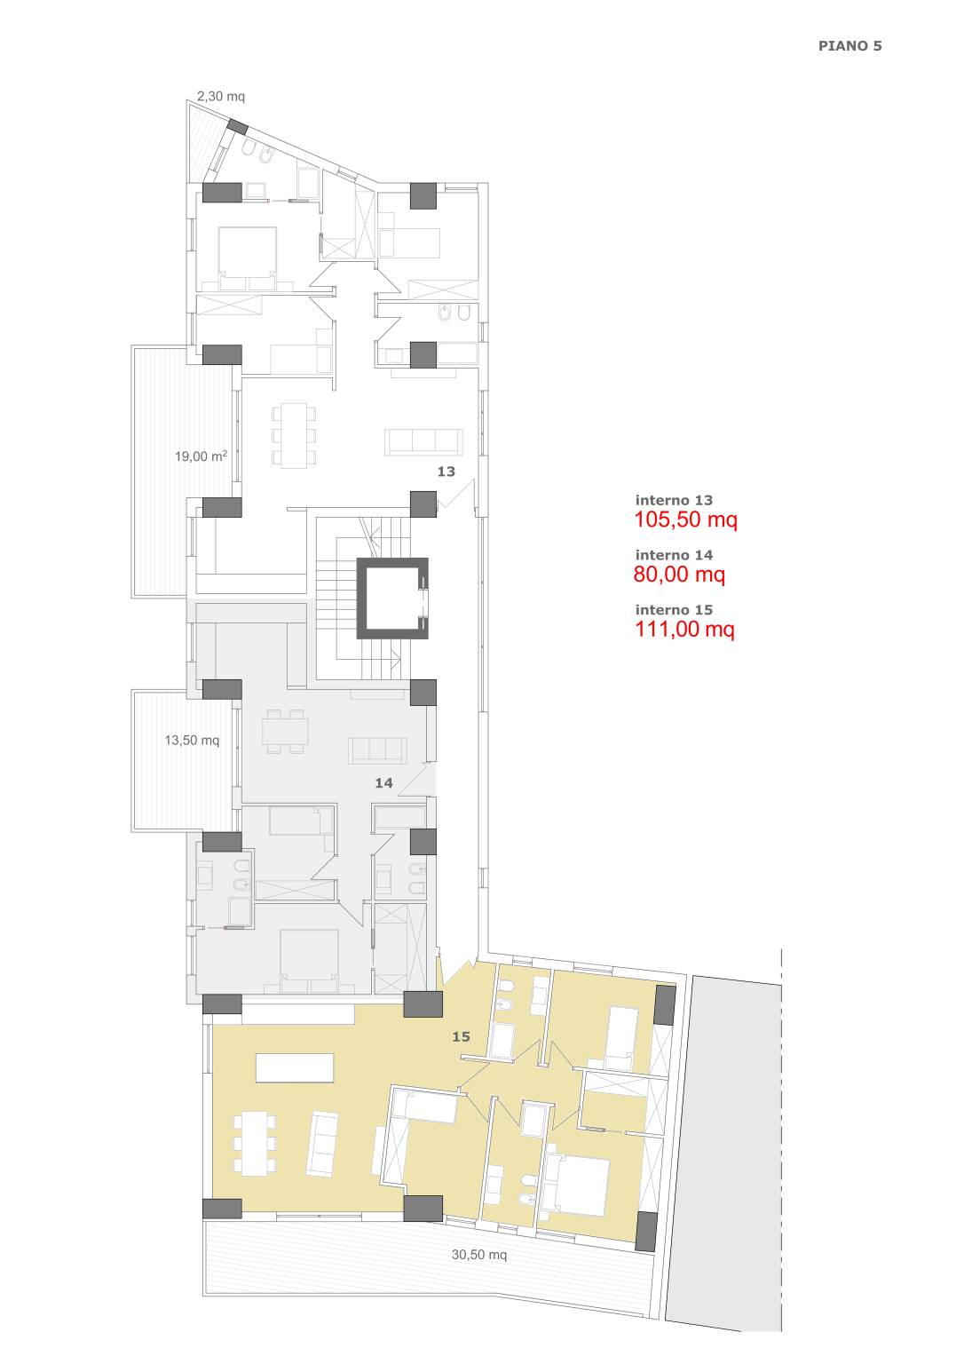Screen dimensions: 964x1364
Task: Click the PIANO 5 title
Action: pos(849,46)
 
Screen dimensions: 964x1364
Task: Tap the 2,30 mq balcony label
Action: pos(221,96)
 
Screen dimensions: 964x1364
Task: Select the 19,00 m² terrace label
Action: pos(201,456)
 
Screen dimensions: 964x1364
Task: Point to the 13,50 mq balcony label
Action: pos(192,741)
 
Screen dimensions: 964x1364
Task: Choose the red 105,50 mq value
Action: pos(686,520)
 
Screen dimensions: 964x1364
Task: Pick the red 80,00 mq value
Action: pos(679,575)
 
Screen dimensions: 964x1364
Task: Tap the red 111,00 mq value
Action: pos(684,629)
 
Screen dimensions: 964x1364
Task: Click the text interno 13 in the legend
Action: pos(674,500)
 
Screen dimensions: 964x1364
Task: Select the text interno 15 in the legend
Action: pos(674,609)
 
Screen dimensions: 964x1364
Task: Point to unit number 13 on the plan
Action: pos(446,472)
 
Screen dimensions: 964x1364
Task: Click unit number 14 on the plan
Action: pos(383,783)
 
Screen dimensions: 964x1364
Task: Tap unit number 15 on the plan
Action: pos(461,1036)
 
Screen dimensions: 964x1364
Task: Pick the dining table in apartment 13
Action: pos(294,435)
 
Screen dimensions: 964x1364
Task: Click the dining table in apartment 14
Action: pos(286,731)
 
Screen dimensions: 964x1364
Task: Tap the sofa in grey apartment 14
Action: pos(377,750)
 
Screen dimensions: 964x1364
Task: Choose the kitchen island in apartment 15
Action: pos(295,1068)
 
